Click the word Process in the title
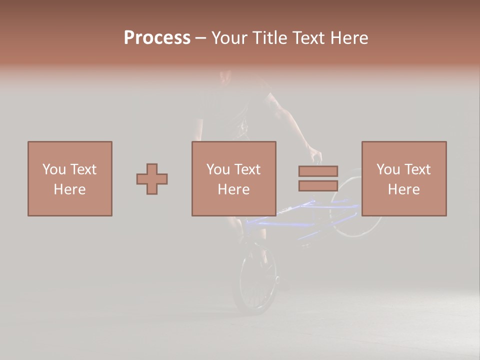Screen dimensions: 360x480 coord(157,38)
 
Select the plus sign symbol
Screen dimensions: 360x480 coord(152,179)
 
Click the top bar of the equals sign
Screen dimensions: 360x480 coord(318,171)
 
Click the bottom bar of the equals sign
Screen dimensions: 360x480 coord(318,185)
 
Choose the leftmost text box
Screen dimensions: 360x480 coord(69,178)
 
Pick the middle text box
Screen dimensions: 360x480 coord(233,178)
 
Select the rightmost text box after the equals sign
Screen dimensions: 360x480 coord(403,178)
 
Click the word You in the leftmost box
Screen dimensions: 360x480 coord(53,169)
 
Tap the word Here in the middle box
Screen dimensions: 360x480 coord(233,189)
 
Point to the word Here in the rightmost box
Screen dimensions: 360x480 coord(403,189)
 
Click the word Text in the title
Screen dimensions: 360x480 coord(306,38)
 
